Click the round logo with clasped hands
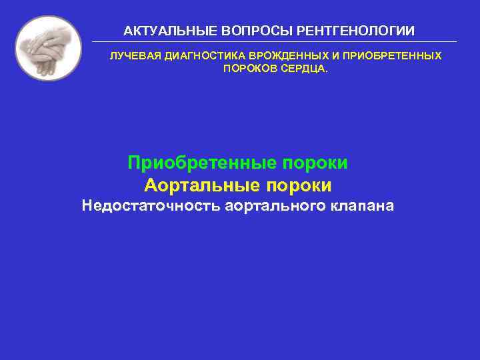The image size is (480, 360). click(x=49, y=48)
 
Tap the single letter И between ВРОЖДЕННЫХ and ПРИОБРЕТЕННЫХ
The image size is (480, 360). click(x=317, y=56)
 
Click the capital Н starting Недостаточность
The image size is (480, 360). click(x=87, y=206)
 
